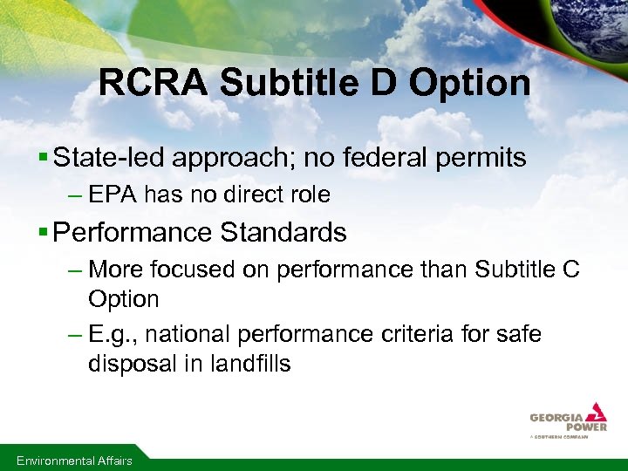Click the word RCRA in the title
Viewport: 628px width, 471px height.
154,84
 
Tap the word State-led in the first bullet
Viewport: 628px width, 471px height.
108,158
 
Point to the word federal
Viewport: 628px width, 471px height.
391,158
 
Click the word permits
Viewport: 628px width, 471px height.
484,158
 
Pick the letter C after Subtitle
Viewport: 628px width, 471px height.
570,270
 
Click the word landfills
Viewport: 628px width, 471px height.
250,364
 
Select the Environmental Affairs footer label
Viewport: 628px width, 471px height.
74,461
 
